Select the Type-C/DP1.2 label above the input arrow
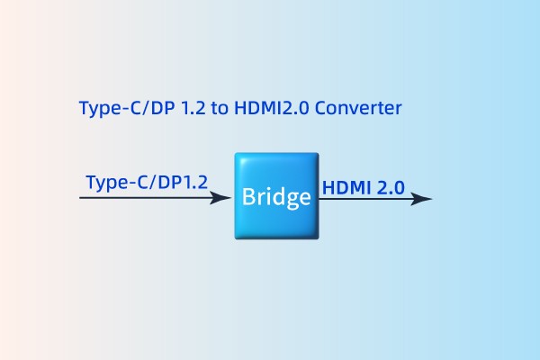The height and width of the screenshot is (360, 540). [147, 181]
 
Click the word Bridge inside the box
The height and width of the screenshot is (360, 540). [276, 197]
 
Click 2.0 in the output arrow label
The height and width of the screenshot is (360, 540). [390, 187]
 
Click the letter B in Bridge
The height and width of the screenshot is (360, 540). [247, 197]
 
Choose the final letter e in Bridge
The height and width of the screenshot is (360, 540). [304, 198]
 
